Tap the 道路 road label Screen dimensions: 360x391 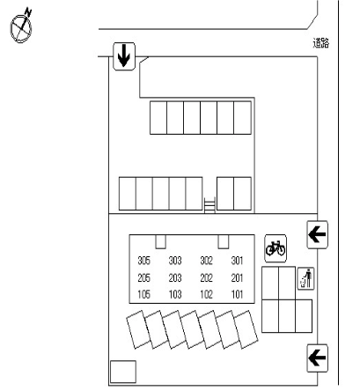point(321,43)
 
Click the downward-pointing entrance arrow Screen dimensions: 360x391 point(124,56)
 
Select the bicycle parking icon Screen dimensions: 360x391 point(276,248)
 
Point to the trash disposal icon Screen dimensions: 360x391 point(305,278)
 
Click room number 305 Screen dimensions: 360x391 point(143,261)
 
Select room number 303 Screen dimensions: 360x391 point(175,261)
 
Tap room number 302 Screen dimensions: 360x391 point(206,261)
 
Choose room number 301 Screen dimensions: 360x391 point(237,261)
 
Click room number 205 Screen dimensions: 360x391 point(143,277)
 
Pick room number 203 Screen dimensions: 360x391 point(175,277)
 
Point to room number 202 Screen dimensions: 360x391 point(206,277)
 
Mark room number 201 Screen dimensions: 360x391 point(237,277)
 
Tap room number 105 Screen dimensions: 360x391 point(143,294)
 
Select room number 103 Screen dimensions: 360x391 point(175,294)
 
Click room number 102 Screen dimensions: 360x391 point(206,294)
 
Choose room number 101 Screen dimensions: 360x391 point(237,294)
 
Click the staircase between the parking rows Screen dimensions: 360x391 point(209,204)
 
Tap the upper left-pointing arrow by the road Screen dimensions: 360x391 point(317,235)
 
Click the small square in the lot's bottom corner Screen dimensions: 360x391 point(123,372)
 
